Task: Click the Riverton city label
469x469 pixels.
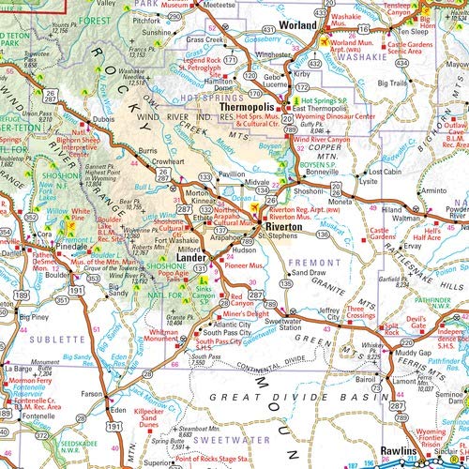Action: pyautogui.click(x=283, y=227)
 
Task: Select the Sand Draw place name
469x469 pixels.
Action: pyautogui.click(x=309, y=272)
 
